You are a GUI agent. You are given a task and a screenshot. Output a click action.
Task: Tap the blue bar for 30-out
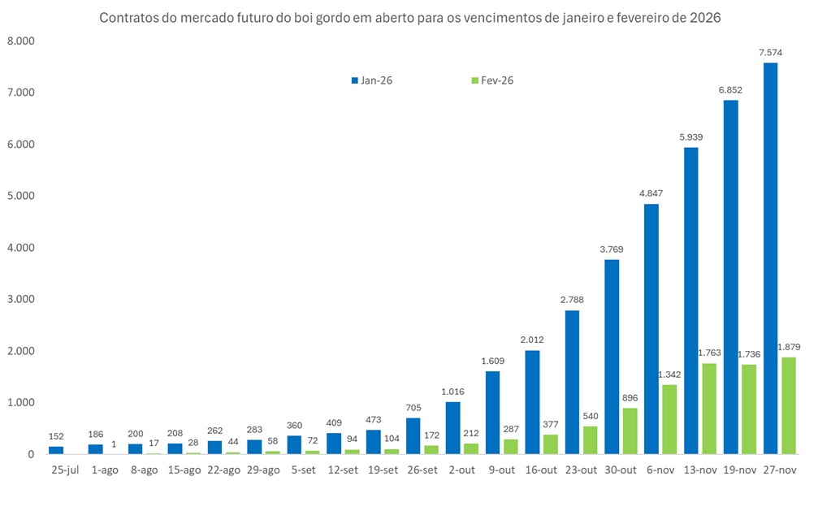click(612, 357)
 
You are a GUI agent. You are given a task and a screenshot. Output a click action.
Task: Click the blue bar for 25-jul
click(56, 450)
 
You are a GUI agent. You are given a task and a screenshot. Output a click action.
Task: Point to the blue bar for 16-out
click(533, 402)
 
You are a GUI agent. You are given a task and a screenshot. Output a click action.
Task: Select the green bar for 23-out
click(591, 440)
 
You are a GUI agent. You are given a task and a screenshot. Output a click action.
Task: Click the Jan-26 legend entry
click(373, 80)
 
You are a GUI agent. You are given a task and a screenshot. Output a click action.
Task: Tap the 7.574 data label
click(770, 53)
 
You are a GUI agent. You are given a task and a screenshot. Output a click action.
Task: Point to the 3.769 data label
click(612, 249)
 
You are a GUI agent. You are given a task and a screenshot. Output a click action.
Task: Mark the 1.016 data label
click(453, 392)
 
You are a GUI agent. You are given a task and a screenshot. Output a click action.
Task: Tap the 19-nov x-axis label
click(738, 470)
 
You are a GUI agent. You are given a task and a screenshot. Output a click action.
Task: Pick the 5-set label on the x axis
click(301, 470)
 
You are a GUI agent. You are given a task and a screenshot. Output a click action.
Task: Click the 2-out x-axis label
click(460, 470)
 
